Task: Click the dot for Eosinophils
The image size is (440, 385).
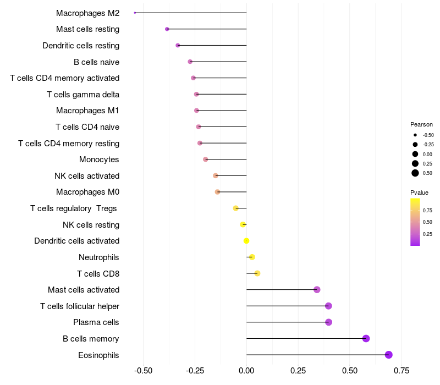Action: click(x=389, y=355)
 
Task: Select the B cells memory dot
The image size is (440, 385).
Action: click(x=366, y=338)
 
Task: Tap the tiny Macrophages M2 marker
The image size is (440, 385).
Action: click(x=135, y=13)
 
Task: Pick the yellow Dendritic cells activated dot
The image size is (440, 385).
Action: click(x=246, y=241)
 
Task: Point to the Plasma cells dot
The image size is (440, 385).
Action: click(x=329, y=322)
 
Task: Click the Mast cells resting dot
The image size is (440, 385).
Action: click(x=167, y=29)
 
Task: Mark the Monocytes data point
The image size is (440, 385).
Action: click(x=206, y=159)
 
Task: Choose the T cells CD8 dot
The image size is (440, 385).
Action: click(x=257, y=273)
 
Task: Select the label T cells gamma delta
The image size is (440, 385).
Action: click(x=83, y=95)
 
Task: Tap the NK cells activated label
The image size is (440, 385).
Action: click(x=87, y=176)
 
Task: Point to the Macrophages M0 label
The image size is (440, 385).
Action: click(x=88, y=192)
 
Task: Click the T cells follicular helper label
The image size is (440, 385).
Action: click(x=80, y=306)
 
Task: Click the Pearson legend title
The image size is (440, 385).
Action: click(x=421, y=124)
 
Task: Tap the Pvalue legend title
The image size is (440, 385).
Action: click(x=419, y=193)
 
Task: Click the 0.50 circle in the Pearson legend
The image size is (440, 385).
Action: click(x=415, y=173)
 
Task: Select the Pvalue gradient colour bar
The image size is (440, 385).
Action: click(x=415, y=222)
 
